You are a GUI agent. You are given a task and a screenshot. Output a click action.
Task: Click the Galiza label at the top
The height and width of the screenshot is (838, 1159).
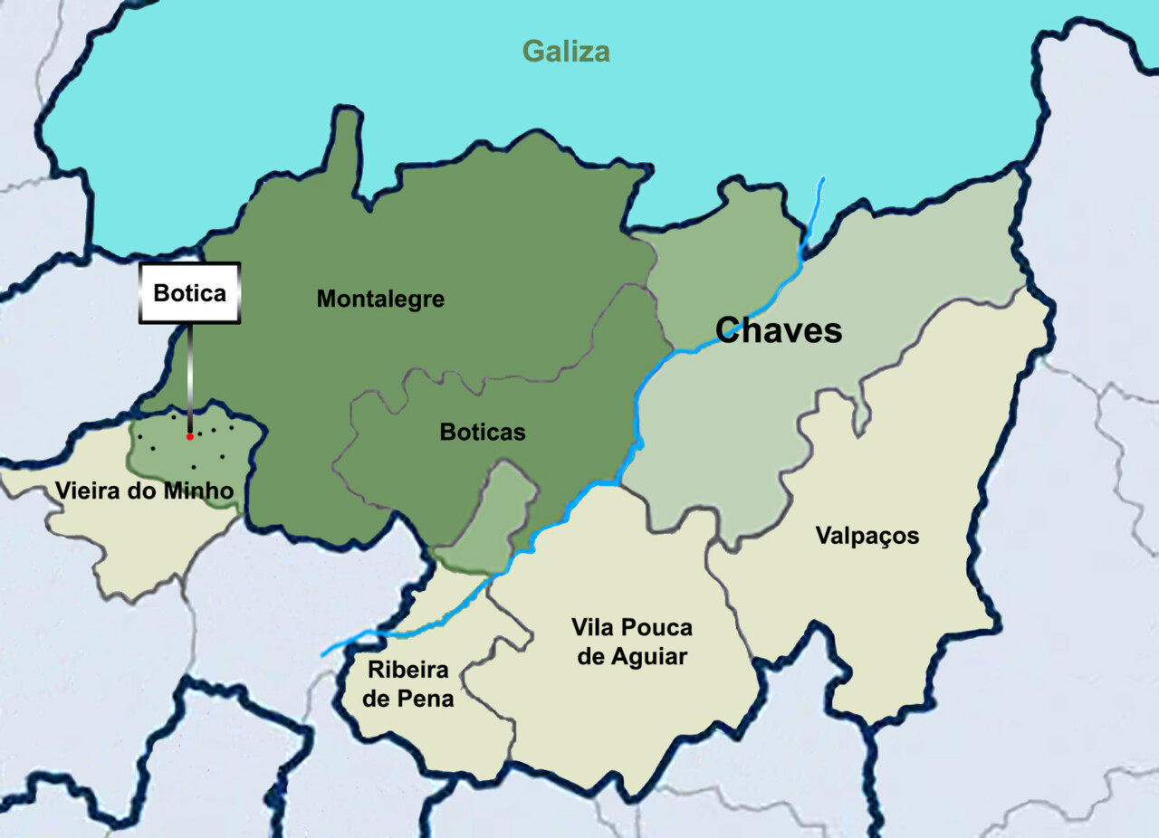(x=566, y=52)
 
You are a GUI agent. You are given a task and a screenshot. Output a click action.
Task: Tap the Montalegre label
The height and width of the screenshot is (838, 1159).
(x=380, y=299)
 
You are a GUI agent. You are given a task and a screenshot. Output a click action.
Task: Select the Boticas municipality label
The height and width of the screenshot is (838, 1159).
(x=483, y=433)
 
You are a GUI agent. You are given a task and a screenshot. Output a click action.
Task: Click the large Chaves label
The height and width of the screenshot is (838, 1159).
(x=779, y=330)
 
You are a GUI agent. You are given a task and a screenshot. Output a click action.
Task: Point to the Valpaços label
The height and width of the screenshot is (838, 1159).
(x=867, y=536)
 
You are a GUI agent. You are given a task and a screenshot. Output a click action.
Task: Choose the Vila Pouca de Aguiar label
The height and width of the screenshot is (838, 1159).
(x=632, y=642)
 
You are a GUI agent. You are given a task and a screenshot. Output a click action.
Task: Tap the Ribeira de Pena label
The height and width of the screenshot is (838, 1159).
(x=410, y=684)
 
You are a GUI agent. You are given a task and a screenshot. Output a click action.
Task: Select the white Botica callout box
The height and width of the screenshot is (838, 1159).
(x=189, y=293)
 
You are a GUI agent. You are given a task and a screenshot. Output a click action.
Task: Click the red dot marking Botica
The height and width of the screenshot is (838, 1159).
(x=189, y=436)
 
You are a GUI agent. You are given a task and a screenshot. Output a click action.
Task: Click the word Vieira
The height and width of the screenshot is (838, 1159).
(x=87, y=491)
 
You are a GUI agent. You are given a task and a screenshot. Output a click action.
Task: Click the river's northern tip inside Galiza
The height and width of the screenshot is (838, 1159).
(x=822, y=180)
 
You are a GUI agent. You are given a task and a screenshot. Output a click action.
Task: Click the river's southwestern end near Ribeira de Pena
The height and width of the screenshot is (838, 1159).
(x=324, y=653)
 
